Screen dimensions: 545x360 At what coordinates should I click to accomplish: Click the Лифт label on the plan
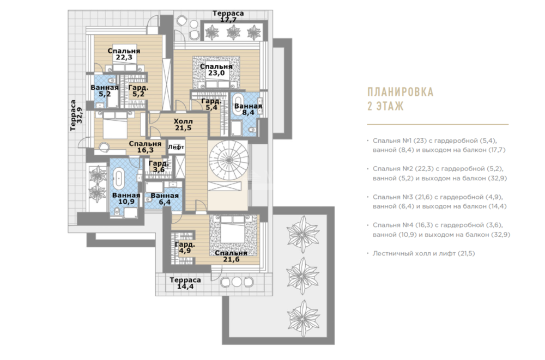(x=176, y=147)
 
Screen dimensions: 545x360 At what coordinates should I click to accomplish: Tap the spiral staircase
(x=228, y=160)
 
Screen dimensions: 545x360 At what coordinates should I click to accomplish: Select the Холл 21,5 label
(x=183, y=124)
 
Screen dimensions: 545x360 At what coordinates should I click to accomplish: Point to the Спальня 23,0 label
(x=216, y=70)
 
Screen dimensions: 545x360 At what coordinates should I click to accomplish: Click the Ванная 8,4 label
(x=248, y=109)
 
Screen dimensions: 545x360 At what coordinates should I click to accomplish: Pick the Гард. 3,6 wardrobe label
(x=159, y=167)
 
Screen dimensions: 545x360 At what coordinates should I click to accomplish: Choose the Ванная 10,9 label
(x=126, y=198)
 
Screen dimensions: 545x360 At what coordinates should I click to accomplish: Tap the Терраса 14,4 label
(x=185, y=283)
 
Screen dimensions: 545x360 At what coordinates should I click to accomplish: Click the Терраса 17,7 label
(x=228, y=16)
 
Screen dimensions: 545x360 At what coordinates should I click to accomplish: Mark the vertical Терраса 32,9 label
(x=76, y=115)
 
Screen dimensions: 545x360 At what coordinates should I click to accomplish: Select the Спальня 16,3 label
(x=146, y=147)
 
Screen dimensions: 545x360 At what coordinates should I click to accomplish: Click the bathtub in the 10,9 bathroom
(x=119, y=178)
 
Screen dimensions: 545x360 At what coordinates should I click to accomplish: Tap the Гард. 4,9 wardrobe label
(x=185, y=247)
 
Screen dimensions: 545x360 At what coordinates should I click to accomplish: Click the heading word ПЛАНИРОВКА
(x=401, y=92)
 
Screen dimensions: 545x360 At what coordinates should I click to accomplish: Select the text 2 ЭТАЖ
(x=385, y=106)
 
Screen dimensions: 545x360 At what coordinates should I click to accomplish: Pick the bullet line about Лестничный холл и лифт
(x=421, y=254)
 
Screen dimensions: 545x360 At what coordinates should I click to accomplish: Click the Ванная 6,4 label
(x=165, y=199)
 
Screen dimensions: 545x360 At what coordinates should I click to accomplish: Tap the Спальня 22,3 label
(x=124, y=54)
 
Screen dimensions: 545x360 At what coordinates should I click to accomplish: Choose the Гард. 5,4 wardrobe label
(x=211, y=104)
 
